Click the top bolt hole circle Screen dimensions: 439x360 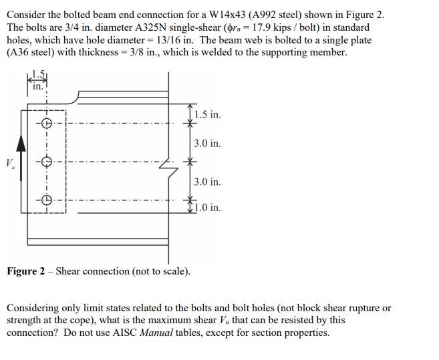(x=46, y=123)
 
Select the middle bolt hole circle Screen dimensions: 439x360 (x=46, y=162)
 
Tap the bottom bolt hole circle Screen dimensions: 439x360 (x=46, y=200)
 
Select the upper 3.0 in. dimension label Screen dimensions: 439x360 (x=207, y=143)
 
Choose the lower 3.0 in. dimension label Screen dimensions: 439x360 (x=207, y=182)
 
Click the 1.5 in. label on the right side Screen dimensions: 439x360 (x=207, y=114)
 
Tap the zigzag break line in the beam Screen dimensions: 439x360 (x=170, y=170)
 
